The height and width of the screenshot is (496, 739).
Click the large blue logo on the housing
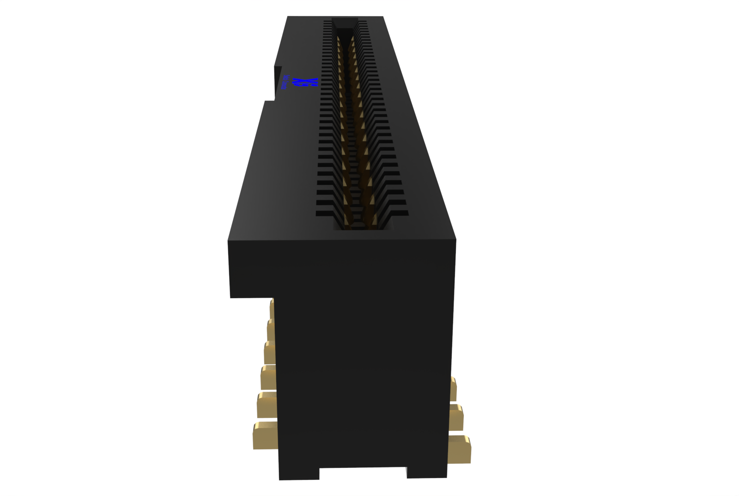pyautogui.click(x=312, y=83)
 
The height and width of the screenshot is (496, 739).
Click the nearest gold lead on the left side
pyautogui.click(x=265, y=435)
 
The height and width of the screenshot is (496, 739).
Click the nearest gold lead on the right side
pyautogui.click(x=460, y=448)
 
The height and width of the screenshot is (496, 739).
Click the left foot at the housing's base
pyautogui.click(x=299, y=472)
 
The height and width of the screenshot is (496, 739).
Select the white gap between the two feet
pyautogui.click(x=363, y=481)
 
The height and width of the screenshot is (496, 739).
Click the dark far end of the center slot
pyautogui.click(x=345, y=23)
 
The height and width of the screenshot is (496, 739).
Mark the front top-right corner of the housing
pyautogui.click(x=455, y=239)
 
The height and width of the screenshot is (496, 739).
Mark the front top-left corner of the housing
pyautogui.click(x=228, y=240)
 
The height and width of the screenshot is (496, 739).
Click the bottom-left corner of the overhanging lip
pyautogui.click(x=231, y=297)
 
